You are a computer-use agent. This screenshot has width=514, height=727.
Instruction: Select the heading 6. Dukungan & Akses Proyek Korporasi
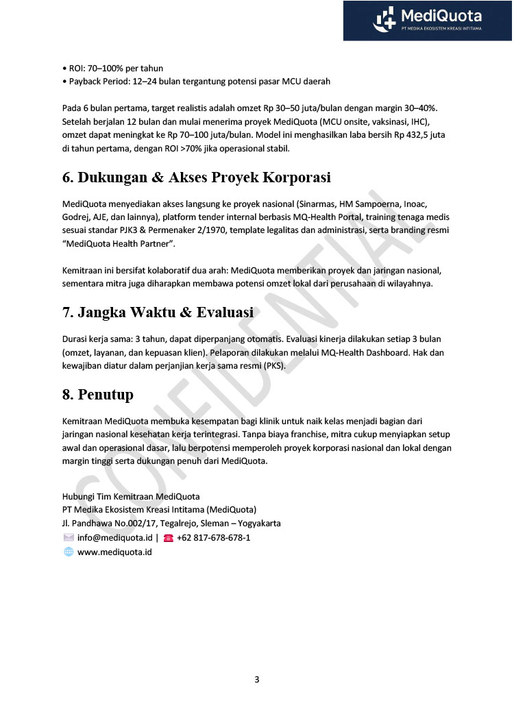(x=197, y=177)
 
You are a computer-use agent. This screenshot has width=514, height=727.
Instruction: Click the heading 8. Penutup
(x=98, y=395)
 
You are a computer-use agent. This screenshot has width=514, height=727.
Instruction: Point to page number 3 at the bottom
(x=257, y=680)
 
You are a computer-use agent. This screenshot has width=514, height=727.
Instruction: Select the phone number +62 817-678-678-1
(x=213, y=538)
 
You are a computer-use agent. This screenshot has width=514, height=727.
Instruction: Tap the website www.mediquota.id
(x=114, y=552)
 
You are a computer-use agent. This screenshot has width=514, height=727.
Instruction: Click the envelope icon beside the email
(x=69, y=538)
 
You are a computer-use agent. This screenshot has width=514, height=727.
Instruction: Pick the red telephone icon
(x=168, y=538)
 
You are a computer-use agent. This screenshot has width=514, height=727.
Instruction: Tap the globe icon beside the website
(x=69, y=552)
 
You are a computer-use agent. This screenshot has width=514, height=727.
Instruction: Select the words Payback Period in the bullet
(x=99, y=82)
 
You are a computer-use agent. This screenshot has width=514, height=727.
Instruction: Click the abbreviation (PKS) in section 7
(x=273, y=366)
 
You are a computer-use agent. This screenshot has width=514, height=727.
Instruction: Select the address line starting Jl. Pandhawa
(x=171, y=523)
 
